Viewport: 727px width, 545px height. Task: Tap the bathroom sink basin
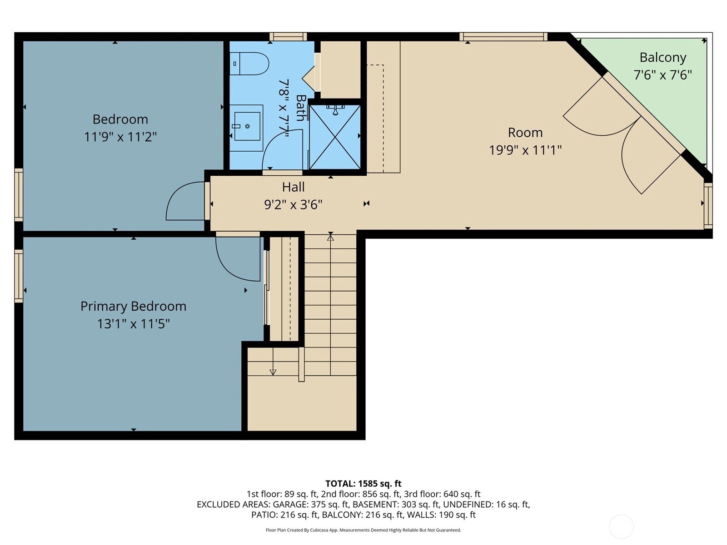[x=247, y=126]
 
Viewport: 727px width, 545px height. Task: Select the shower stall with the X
[x=334, y=137]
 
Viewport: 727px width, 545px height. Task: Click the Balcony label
[x=663, y=58]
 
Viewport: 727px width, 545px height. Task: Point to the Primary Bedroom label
[x=133, y=306]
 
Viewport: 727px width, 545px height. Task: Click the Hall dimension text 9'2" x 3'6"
[x=293, y=204]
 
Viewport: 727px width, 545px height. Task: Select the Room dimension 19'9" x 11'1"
[x=525, y=150]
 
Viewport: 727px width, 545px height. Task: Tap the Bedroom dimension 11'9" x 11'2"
[x=120, y=136]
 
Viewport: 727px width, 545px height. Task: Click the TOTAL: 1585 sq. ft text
[x=363, y=483]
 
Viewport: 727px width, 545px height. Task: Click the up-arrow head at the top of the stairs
[x=330, y=237]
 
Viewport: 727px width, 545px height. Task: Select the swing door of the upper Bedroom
[x=185, y=201]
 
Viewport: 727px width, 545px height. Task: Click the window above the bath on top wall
[x=288, y=36]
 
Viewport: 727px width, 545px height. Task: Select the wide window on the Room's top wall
[x=503, y=36]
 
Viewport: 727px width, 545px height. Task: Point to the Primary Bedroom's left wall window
[x=19, y=276]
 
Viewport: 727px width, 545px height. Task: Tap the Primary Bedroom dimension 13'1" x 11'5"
[x=133, y=323]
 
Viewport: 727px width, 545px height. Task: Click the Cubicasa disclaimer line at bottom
[x=363, y=530]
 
